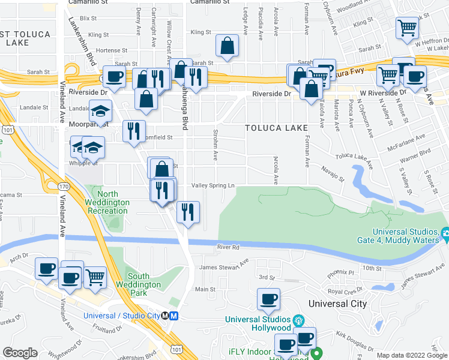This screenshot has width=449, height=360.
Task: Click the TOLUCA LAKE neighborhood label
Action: [276, 128]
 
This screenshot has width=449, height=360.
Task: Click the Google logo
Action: [20, 353]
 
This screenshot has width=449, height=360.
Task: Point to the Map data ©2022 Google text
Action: [412, 355]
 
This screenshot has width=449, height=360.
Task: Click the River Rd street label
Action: [228, 247]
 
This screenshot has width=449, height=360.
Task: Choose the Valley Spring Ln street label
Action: [212, 185]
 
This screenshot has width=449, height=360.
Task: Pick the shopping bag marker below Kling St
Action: [228, 46]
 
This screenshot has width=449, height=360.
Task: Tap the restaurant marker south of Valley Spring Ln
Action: [188, 212]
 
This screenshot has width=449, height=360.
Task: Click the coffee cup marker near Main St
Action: [268, 299]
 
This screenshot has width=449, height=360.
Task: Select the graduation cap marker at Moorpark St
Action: [100, 112]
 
